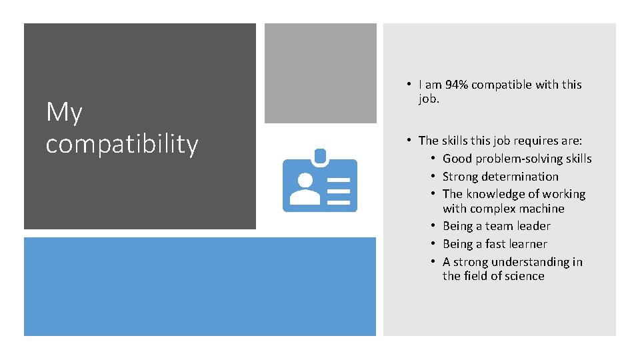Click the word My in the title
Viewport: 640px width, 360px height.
coord(64,113)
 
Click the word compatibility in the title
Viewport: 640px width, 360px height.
coord(122,144)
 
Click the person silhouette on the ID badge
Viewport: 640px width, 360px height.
coord(306,189)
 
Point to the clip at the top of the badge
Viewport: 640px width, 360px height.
coord(320,157)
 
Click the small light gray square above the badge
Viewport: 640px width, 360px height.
coord(320,73)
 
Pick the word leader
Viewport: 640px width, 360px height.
coord(533,226)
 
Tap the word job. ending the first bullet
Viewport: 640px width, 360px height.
coord(429,99)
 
